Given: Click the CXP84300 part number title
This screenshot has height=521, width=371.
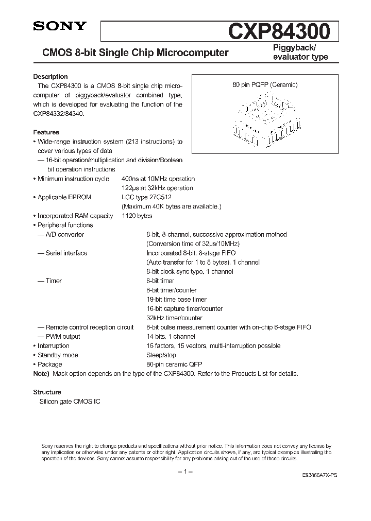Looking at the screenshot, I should coord(279,32).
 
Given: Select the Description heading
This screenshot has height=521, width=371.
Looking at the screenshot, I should coord(50,77).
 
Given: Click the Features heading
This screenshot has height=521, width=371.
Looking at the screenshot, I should coord(46,132).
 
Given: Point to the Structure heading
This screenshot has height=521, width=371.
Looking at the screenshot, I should coord(47,392).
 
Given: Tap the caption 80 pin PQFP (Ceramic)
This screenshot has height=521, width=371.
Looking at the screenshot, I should coord(264,85).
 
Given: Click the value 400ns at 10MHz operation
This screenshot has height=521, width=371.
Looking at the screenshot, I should coord(158,179).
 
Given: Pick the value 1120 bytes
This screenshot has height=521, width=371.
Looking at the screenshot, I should coord(137,216).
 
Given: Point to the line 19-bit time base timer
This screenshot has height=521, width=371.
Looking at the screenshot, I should coord(176,299).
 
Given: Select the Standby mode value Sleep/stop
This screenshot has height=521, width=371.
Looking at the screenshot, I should coord(161,355).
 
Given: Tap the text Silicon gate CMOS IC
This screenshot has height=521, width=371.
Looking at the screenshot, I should coord(66,401).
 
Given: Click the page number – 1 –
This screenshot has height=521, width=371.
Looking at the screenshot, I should coord(185,472).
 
